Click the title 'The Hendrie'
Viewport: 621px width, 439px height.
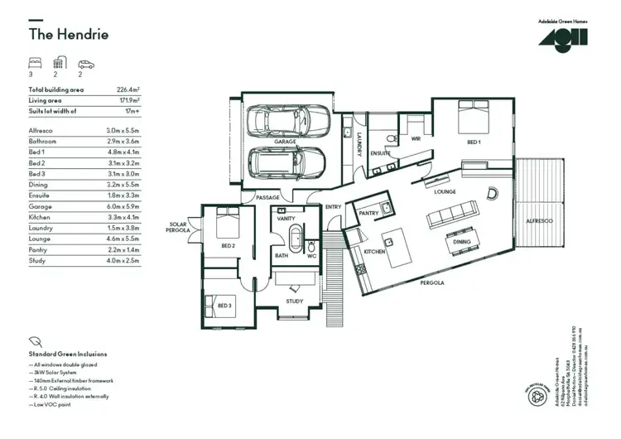coord(69,35)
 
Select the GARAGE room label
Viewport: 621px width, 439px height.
coord(286,142)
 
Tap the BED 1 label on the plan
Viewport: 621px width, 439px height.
coord(474,142)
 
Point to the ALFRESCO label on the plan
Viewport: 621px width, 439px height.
coord(539,221)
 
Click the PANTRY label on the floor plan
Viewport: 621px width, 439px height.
coord(368,213)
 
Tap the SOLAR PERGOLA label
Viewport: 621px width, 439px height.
coord(179,226)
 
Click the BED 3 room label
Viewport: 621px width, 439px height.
coord(224,306)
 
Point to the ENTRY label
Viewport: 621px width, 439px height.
coord(333,207)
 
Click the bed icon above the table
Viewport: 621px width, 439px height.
coord(35,64)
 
